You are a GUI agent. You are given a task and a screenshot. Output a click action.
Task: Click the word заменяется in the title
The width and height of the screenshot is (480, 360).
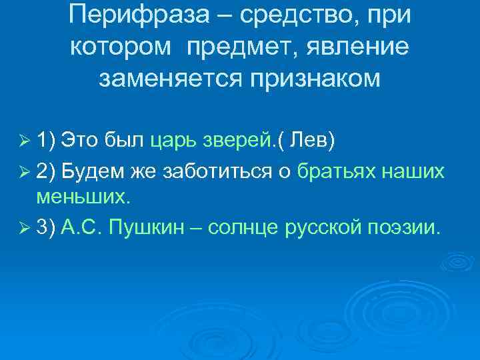point(171,79)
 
